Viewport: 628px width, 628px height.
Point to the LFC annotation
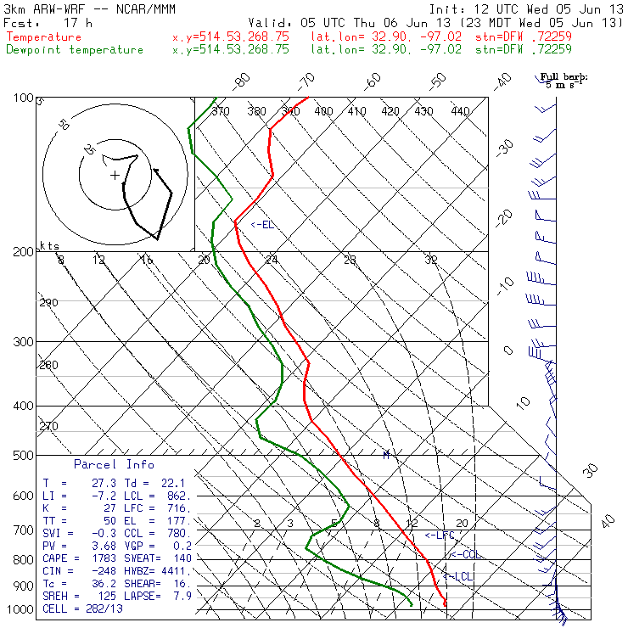440,535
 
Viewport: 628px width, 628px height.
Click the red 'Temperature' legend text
44,37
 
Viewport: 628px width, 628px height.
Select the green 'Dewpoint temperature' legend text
75,50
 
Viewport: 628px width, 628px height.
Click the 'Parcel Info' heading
114,464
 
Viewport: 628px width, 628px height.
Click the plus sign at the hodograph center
115,176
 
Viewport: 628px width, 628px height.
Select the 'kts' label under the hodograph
50,245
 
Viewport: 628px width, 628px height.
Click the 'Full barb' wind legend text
564,77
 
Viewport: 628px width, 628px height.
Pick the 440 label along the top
460,111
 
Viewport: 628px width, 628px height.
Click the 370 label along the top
221,111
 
